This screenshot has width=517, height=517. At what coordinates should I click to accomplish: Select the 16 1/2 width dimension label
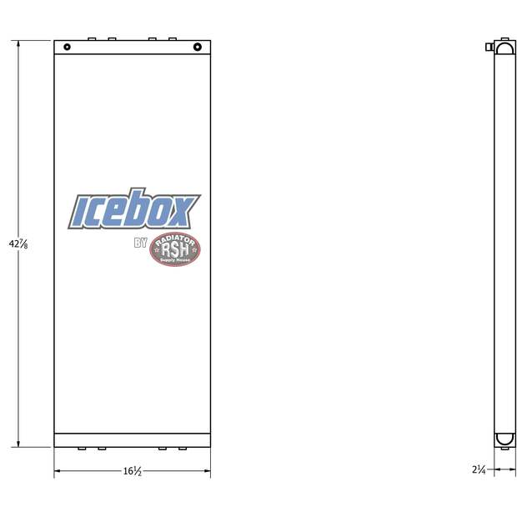tap(132, 472)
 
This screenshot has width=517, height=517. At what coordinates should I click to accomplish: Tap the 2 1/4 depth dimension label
tap(479, 470)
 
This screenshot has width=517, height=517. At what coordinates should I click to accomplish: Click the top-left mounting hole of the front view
tap(67, 47)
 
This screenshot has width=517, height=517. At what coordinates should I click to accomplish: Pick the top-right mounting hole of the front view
tap(198, 47)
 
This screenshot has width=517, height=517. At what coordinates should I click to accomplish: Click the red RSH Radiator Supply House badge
tap(174, 250)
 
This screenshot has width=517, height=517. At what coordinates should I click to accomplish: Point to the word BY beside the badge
tap(140, 244)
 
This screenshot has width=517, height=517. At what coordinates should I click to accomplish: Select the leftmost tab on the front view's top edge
tap(92, 38)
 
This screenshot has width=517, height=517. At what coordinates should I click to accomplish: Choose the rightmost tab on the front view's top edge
tap(173, 38)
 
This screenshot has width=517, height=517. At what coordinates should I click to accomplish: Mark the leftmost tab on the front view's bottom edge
tap(82, 449)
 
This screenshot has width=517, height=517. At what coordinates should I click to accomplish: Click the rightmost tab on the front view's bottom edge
tap(183, 449)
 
